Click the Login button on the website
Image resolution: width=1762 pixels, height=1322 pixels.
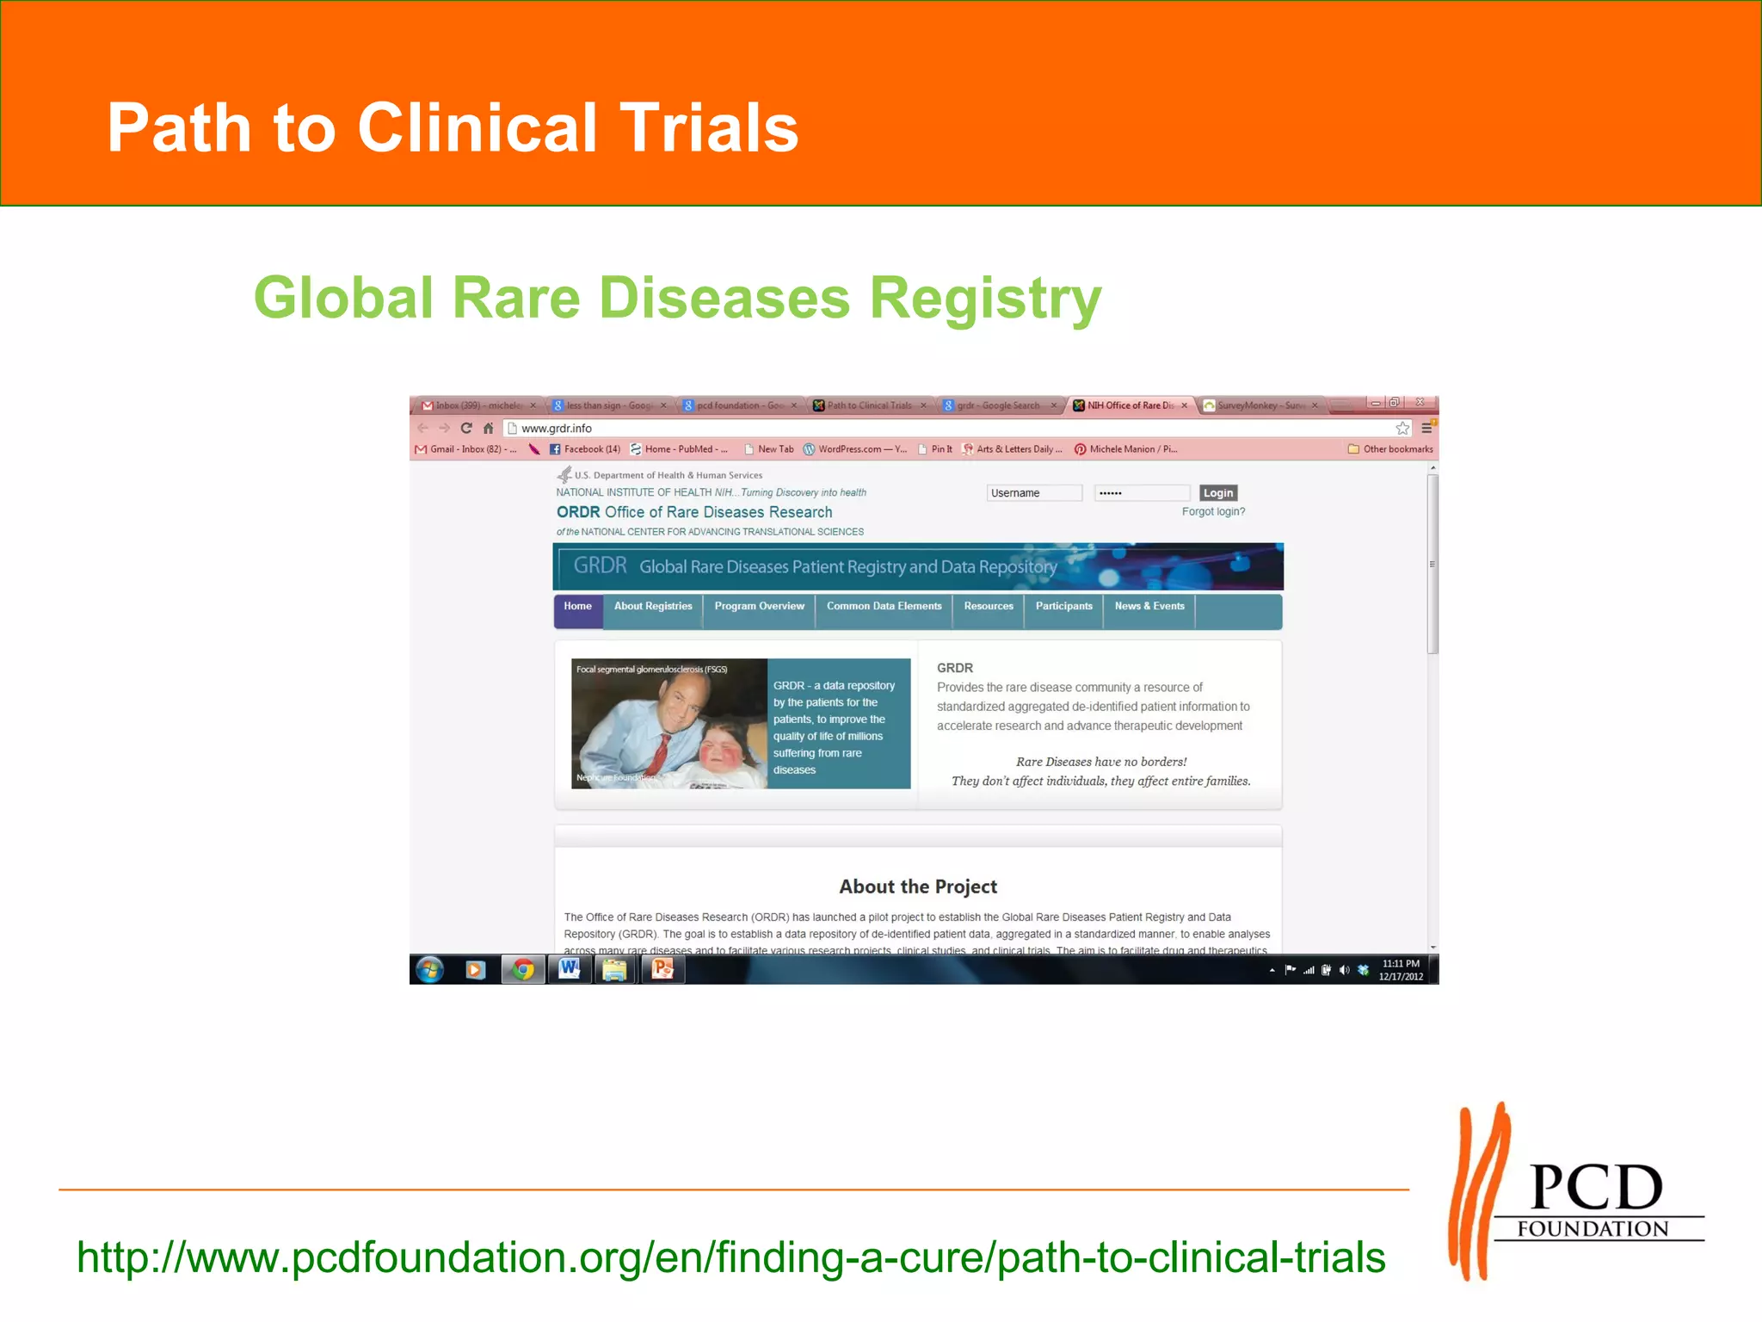(1217, 493)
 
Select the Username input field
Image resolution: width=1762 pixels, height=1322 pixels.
(1033, 493)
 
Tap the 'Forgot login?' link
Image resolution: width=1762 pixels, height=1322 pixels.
(1213, 511)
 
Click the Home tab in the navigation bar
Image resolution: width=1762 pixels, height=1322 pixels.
(577, 607)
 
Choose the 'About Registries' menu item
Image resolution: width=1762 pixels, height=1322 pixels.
(653, 607)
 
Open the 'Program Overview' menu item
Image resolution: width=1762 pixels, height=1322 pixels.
(759, 607)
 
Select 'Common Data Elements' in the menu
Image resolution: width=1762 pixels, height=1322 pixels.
(884, 607)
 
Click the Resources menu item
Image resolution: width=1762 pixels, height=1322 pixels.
(989, 607)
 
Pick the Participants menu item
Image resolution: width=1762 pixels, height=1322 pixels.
(1063, 607)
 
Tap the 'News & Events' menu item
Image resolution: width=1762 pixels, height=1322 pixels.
(1149, 607)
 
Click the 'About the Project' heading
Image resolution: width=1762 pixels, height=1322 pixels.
(918, 886)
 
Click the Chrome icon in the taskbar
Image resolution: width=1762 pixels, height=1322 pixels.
(522, 970)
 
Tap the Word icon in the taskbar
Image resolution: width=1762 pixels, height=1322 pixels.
(569, 970)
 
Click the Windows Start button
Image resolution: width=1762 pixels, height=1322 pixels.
(429, 970)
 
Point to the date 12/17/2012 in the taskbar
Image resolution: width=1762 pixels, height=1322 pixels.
(1401, 977)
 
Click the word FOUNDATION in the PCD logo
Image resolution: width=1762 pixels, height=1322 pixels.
(1593, 1229)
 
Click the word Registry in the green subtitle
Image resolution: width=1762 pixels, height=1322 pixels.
(985, 298)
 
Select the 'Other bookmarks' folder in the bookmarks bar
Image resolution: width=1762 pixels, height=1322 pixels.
(1390, 449)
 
